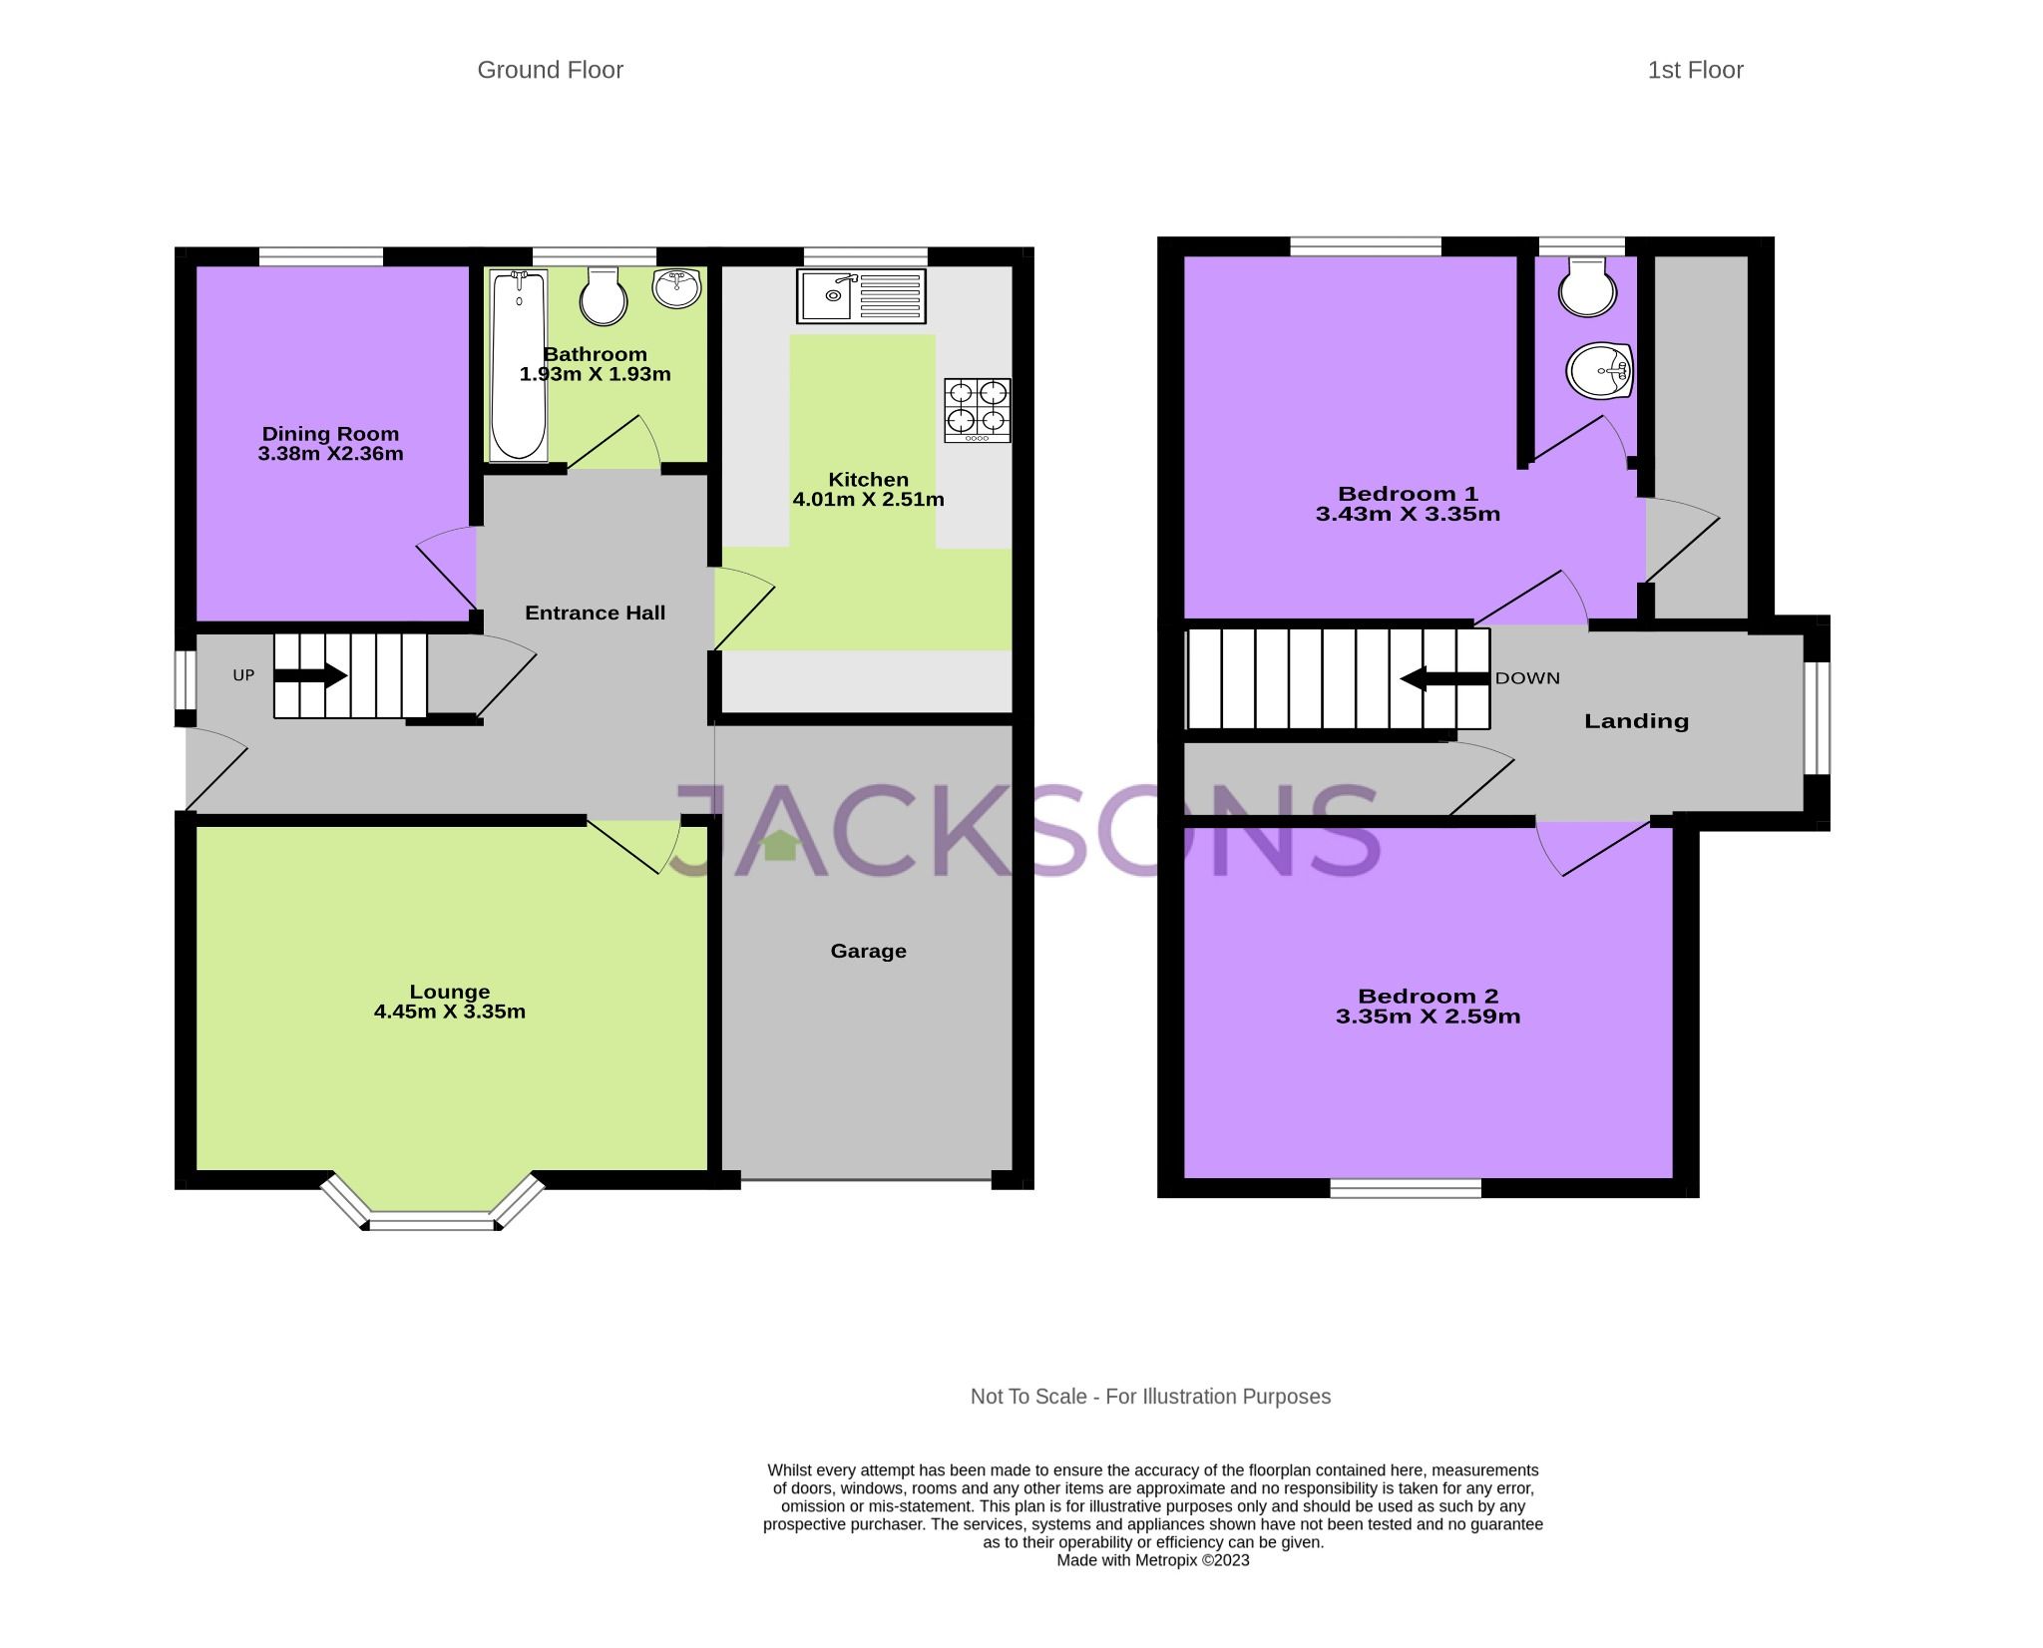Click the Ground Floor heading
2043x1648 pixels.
(x=550, y=70)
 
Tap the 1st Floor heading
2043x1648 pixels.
(x=1695, y=70)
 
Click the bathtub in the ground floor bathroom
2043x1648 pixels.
(x=519, y=366)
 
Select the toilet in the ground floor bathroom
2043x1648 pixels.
(x=604, y=295)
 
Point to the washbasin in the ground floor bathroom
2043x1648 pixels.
(x=678, y=289)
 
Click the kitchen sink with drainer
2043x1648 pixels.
(x=861, y=295)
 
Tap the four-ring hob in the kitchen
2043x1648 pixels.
(x=978, y=410)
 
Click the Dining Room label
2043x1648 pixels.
(x=330, y=434)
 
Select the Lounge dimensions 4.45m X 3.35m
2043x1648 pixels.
(x=450, y=1012)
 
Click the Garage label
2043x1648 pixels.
(x=868, y=952)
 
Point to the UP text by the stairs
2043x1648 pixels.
(x=243, y=675)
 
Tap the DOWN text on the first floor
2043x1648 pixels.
(x=1527, y=678)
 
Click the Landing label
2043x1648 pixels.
(x=1636, y=721)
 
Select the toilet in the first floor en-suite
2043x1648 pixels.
(x=1587, y=287)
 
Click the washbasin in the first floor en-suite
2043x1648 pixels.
(x=1599, y=371)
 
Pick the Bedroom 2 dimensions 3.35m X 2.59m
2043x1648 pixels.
(x=1428, y=1018)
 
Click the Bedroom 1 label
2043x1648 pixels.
(x=1408, y=494)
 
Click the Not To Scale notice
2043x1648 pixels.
(x=1150, y=1397)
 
